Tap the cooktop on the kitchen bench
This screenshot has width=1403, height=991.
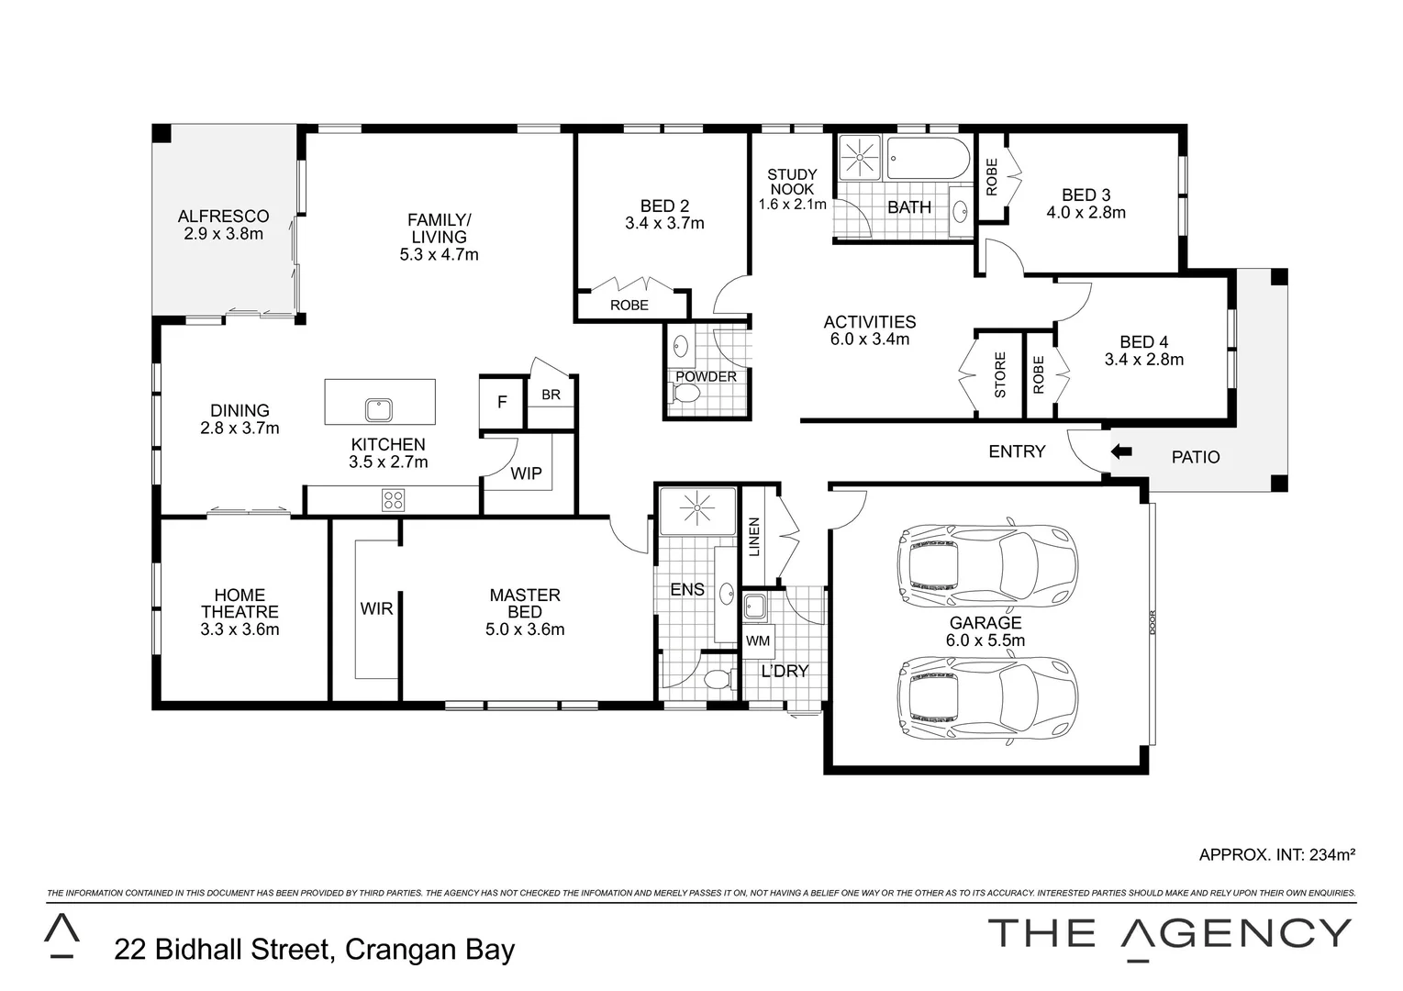(x=393, y=500)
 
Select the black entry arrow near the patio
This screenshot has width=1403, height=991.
(x=1120, y=451)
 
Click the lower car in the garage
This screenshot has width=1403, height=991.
(x=986, y=696)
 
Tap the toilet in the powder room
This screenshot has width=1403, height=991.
(x=685, y=394)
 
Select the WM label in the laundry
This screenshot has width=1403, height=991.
(x=757, y=640)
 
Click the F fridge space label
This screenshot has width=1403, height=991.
(x=502, y=402)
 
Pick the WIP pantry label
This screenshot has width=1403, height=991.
(x=526, y=473)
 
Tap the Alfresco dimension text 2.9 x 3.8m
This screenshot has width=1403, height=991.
(x=223, y=233)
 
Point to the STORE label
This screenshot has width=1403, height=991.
(x=1000, y=374)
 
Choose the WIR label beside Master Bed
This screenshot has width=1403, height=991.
(x=376, y=608)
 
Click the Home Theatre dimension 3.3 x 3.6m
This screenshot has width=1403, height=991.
(x=239, y=629)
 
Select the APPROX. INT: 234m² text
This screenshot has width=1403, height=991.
(x=1276, y=854)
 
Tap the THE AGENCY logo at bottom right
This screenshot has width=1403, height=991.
(x=1169, y=934)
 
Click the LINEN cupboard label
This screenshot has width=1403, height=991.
(x=754, y=538)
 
